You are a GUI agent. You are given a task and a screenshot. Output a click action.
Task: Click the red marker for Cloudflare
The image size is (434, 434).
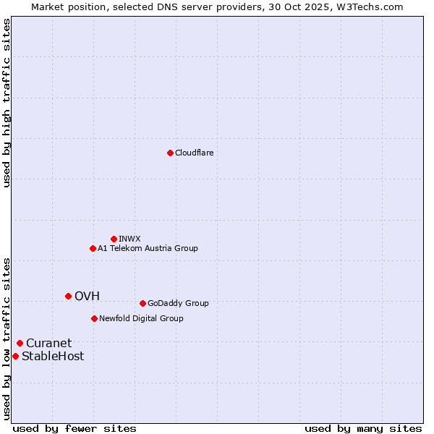170,153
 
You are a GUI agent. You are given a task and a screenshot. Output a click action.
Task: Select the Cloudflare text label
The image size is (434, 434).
194,153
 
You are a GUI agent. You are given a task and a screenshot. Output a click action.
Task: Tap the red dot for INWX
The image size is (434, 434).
114,239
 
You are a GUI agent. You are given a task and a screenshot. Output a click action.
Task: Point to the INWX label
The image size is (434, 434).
129,239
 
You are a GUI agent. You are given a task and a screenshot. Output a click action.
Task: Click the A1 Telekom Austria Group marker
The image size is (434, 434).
93,248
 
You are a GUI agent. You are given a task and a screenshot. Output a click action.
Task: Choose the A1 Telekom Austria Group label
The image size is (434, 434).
148,249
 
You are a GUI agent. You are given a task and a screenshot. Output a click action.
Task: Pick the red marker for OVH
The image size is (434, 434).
68,296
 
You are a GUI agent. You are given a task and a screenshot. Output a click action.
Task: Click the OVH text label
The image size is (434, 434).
87,297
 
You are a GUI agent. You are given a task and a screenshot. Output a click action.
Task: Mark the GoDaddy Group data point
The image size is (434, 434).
142,303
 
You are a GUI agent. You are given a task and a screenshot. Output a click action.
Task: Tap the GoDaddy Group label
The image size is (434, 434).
177,304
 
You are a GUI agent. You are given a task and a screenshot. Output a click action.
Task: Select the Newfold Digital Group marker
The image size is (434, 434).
94,318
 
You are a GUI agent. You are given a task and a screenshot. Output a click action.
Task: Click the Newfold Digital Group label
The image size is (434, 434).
141,319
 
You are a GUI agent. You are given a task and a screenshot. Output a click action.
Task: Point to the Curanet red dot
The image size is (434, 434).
20,343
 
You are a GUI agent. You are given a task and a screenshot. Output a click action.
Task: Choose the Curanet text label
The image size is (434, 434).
48,344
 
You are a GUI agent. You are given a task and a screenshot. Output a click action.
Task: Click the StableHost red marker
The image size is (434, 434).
15,356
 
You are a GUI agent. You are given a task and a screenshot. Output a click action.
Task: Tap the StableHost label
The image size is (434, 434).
52,357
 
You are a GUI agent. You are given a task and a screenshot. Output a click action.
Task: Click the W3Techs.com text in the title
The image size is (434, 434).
372,7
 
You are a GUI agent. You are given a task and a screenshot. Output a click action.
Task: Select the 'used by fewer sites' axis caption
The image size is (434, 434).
75,428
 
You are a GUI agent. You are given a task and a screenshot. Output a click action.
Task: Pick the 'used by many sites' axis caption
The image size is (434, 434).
362,428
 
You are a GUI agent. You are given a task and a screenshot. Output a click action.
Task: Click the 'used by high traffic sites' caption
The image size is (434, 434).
7,103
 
